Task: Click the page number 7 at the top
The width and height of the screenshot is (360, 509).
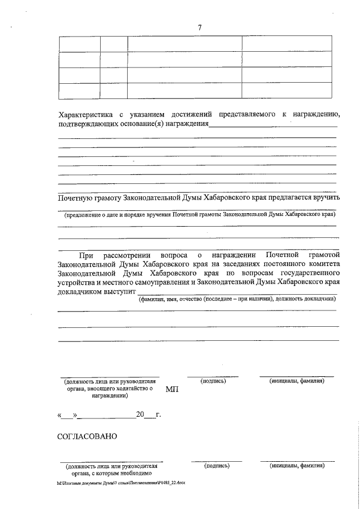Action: (x=200, y=28)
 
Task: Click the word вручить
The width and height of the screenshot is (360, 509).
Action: (x=323, y=197)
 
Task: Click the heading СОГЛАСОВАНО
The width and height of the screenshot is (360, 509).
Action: (x=87, y=437)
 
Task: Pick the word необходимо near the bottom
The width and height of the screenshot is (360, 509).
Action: (x=127, y=474)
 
